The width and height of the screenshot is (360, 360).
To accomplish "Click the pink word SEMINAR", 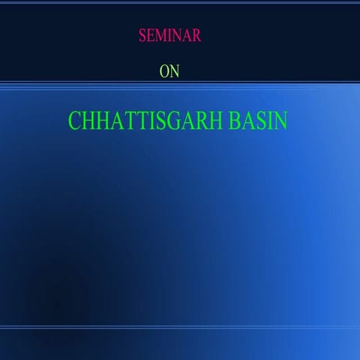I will (x=169, y=36).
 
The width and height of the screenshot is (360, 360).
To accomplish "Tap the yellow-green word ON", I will (x=169, y=73).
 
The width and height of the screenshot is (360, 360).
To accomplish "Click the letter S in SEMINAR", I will (x=142, y=36).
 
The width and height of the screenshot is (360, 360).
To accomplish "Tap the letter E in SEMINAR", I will (x=151, y=36).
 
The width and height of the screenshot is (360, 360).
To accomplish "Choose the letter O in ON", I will (x=165, y=73).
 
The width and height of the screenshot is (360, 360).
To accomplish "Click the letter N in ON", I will (x=175, y=73).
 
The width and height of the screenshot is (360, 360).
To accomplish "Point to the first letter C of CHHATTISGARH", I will (x=75, y=121).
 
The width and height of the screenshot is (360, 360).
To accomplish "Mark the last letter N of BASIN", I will (x=280, y=121).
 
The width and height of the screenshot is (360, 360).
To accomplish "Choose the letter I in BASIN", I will (x=267, y=121).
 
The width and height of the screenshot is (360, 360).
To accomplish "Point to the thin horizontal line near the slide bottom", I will (x=180, y=327).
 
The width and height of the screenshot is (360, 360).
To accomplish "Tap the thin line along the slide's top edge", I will (x=180, y=3).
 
